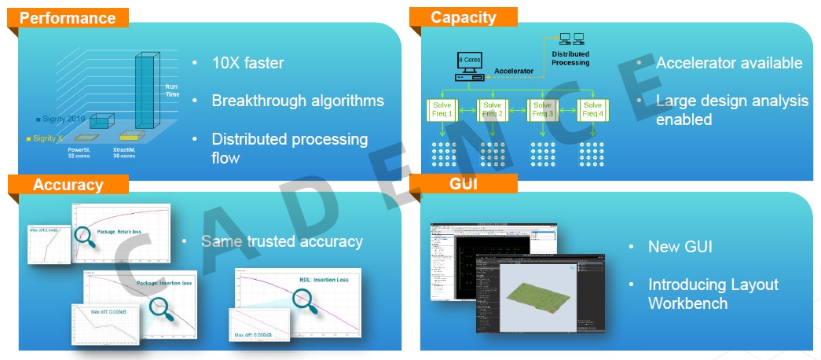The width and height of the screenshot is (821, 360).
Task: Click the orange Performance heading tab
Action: tap(67, 18)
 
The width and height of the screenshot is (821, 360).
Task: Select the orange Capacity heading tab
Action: tap(464, 17)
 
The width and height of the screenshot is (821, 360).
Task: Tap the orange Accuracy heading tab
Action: tap(68, 185)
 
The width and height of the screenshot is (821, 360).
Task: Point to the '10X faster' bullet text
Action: tap(247, 63)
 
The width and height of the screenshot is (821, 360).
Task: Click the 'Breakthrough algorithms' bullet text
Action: tap(298, 101)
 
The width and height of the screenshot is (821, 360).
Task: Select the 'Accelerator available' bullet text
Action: tap(729, 63)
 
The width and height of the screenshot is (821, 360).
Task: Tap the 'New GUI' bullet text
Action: tap(680, 247)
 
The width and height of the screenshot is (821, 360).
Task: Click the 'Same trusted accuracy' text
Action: tap(281, 241)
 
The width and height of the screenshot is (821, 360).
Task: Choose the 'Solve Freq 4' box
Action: tap(592, 110)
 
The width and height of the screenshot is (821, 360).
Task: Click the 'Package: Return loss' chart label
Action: tap(130, 233)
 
